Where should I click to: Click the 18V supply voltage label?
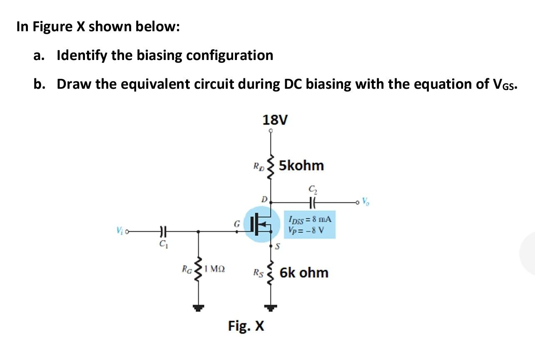tap(275, 120)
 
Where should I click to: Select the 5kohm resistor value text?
tap(301, 165)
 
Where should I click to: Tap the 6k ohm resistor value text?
tap(304, 273)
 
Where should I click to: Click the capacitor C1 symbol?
tap(163, 230)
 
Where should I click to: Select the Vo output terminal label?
tap(365, 202)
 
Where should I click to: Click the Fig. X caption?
tap(246, 325)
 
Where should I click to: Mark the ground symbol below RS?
tap(271, 308)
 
